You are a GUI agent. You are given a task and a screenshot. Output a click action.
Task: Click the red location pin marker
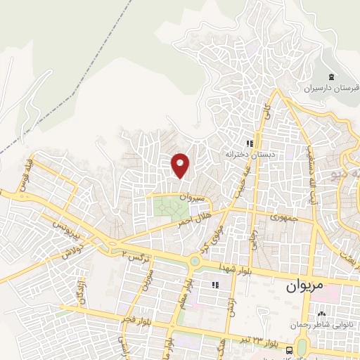coord(181,165)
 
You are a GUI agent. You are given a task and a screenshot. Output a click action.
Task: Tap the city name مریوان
coord(303,288)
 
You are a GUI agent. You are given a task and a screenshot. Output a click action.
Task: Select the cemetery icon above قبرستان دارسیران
coord(331,77)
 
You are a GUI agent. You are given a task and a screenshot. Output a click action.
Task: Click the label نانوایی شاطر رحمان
coord(322,325)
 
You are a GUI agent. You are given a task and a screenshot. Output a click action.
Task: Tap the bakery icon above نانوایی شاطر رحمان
coord(322,314)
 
